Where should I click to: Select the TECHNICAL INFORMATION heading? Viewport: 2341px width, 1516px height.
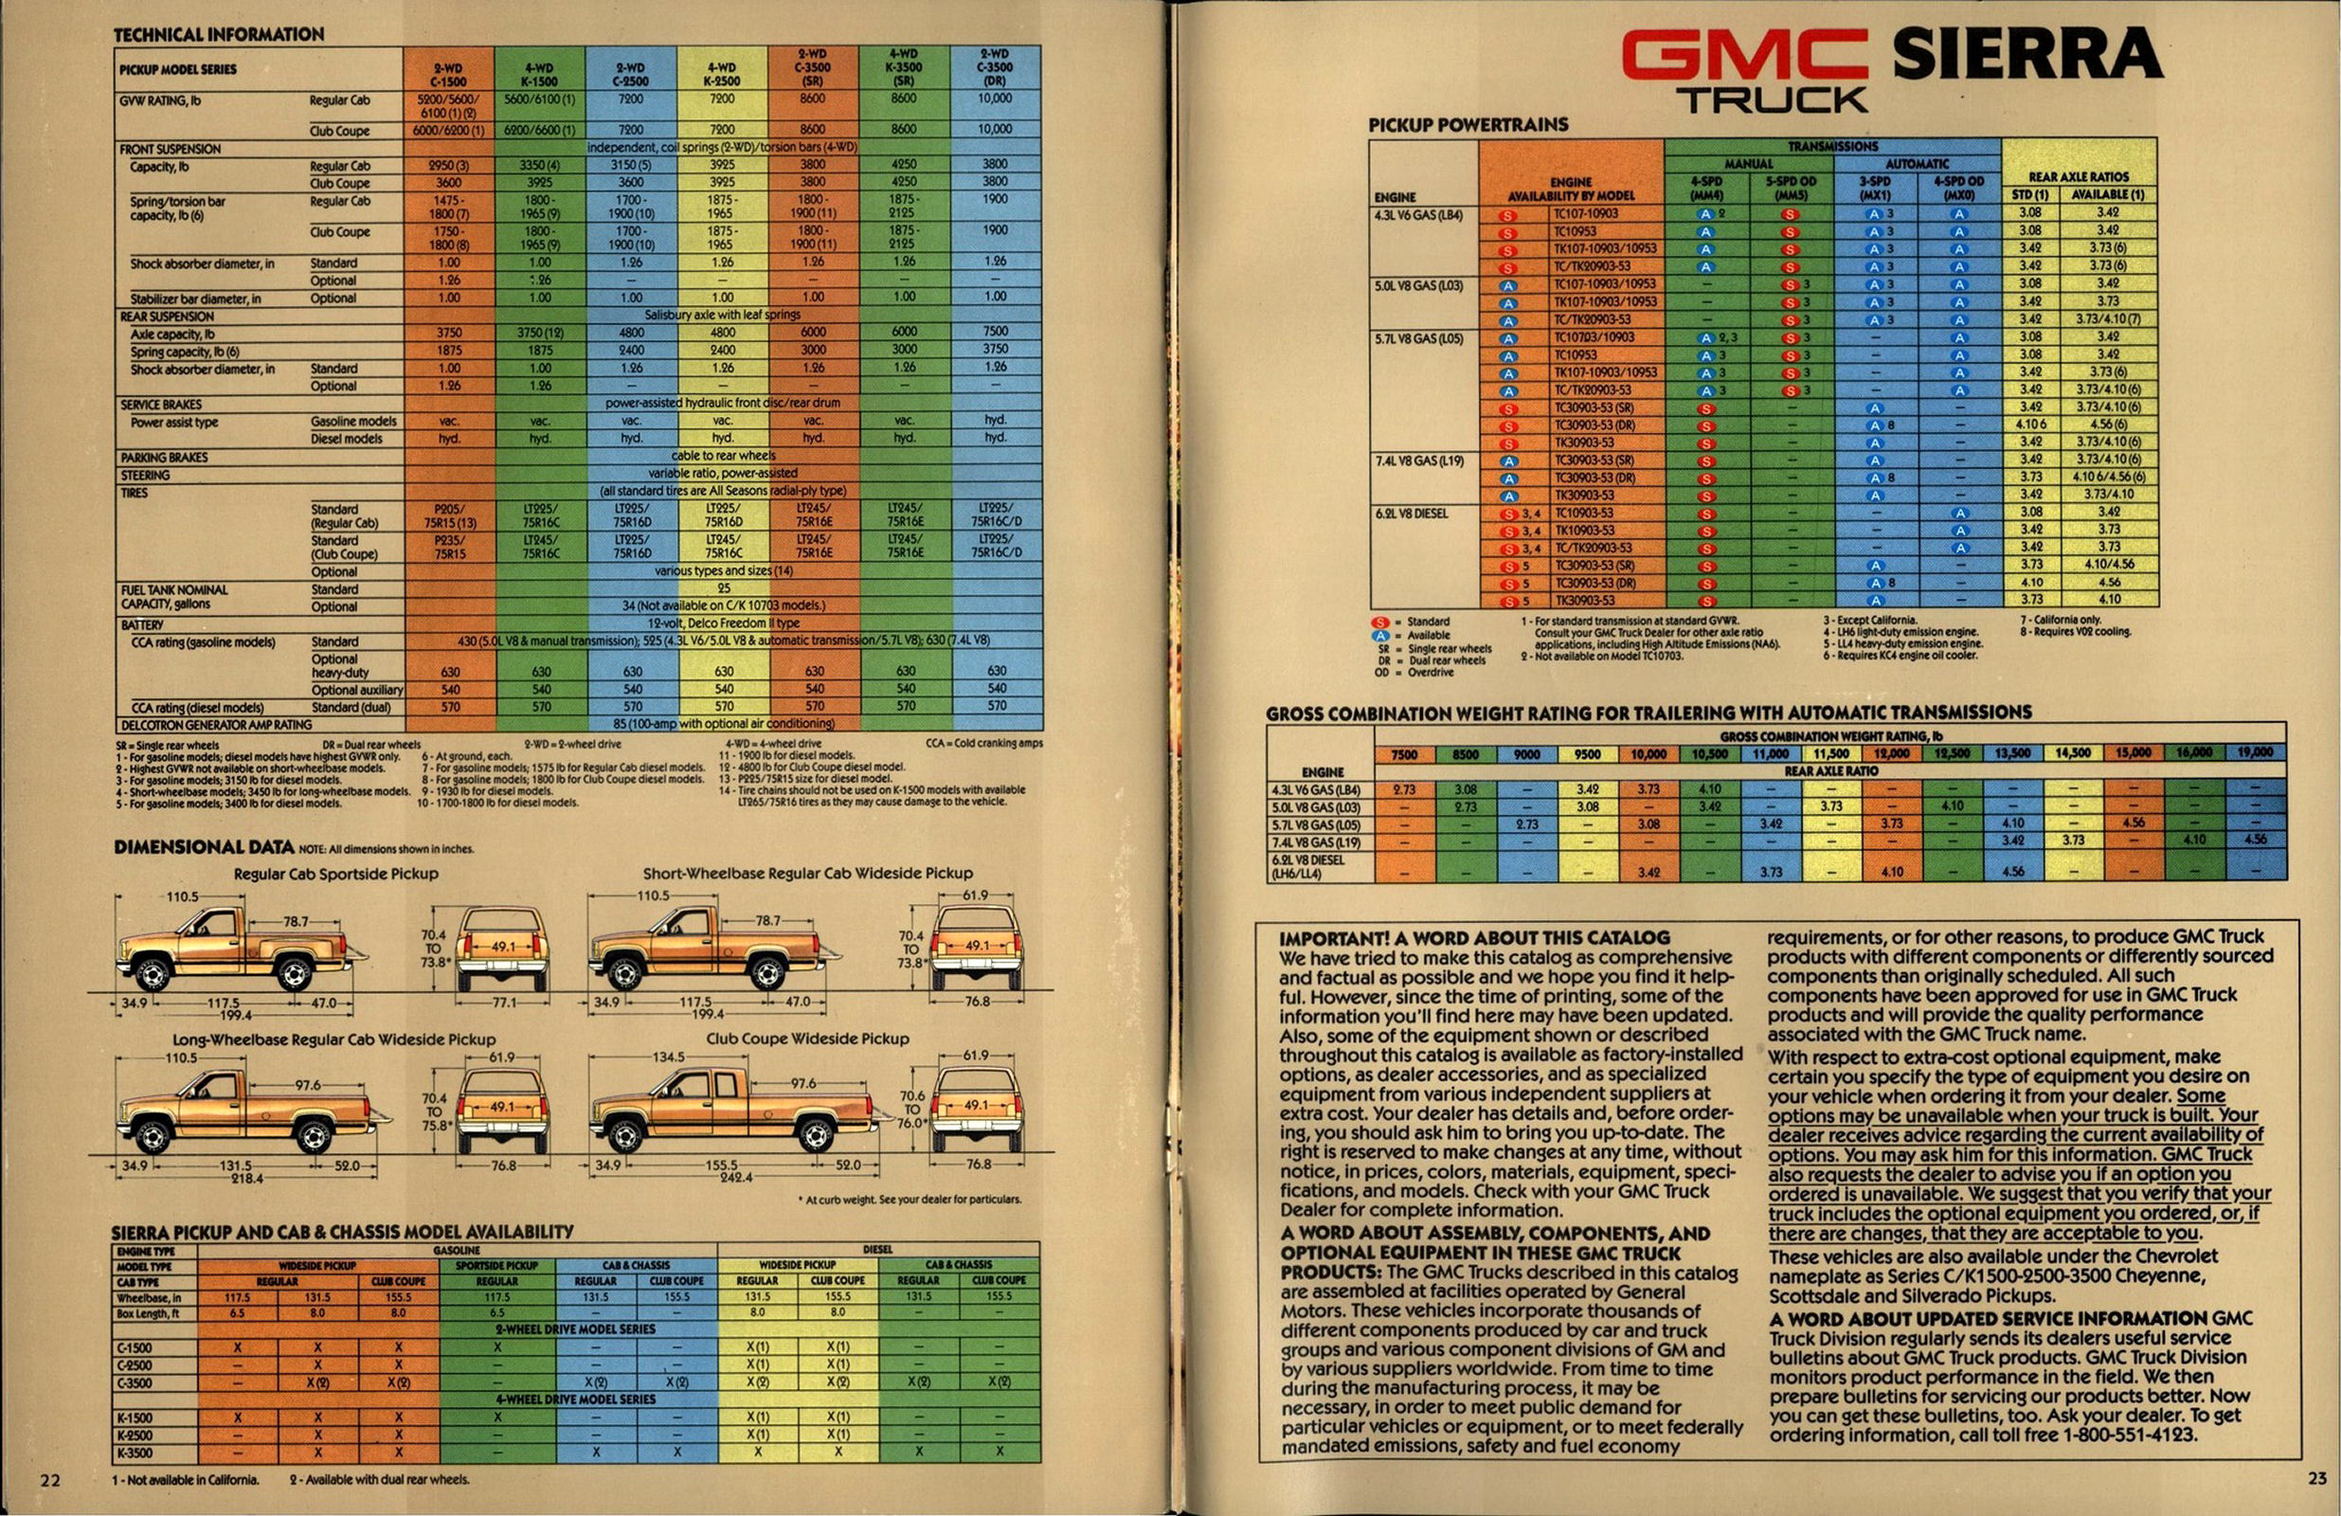point(218,34)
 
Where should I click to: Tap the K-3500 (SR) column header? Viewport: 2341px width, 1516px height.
point(903,68)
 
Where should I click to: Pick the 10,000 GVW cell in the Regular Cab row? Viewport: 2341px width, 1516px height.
point(996,99)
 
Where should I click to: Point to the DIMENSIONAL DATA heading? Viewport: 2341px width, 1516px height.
point(204,846)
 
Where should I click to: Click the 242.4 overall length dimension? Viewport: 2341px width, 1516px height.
point(735,1178)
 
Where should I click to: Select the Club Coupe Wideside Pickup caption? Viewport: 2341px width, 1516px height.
point(806,1038)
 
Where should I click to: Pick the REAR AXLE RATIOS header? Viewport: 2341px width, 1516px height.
point(2079,177)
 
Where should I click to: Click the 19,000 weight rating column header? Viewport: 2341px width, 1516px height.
point(2255,752)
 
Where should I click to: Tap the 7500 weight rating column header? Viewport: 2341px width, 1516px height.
point(1405,754)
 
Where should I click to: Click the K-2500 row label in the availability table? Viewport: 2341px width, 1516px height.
point(135,1435)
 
